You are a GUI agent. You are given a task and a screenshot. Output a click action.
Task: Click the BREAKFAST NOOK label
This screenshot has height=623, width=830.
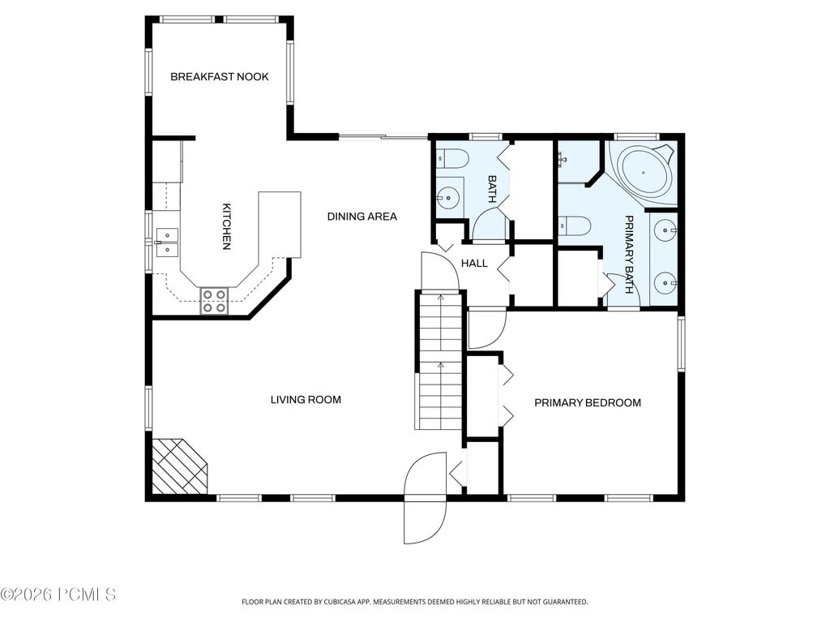(219, 77)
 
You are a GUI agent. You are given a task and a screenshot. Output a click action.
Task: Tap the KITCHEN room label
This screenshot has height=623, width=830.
(227, 226)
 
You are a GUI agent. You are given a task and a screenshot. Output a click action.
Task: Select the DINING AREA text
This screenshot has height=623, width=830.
(362, 216)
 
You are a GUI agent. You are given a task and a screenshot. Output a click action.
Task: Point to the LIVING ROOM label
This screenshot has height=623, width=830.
(306, 399)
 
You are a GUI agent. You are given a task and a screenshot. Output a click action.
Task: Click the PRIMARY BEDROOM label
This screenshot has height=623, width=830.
(588, 402)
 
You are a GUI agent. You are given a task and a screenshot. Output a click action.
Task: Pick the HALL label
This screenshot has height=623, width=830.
(474, 264)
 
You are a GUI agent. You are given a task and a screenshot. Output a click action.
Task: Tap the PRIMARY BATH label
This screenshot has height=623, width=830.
(629, 254)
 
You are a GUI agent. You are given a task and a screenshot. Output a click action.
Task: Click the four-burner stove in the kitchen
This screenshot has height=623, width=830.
(214, 301)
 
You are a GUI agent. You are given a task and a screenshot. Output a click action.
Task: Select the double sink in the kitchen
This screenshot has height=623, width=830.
(167, 242)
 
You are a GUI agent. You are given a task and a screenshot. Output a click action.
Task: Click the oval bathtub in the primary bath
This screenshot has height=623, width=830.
(644, 172)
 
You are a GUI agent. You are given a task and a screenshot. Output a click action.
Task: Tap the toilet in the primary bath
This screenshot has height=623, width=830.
(575, 226)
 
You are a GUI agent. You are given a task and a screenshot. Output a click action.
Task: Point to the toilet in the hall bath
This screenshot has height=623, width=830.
(451, 159)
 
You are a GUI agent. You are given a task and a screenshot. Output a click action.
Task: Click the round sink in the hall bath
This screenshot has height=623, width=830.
(449, 198)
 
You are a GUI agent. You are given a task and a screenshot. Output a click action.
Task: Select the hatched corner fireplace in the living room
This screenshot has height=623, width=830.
(179, 466)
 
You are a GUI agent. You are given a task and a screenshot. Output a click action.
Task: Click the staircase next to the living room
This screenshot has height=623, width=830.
(439, 360)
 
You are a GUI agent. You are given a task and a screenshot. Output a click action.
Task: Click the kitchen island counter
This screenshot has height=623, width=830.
(280, 225)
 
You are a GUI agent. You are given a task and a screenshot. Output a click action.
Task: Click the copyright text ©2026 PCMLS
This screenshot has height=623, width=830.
(58, 595)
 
